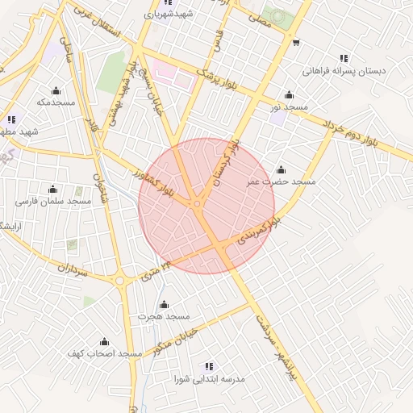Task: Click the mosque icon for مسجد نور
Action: pyautogui.click(x=289, y=94)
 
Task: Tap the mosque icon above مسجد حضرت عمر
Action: pyautogui.click(x=281, y=169)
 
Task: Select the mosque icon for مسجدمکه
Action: pyautogui.click(x=56, y=90)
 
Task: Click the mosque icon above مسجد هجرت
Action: pyautogui.click(x=164, y=304)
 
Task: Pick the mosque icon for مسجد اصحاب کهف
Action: pyautogui.click(x=104, y=341)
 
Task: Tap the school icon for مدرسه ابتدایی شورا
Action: pyautogui.click(x=210, y=365)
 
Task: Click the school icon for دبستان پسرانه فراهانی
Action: pyautogui.click(x=344, y=58)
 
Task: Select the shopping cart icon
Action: pyautogui.click(x=297, y=43)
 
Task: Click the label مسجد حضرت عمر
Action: pyautogui.click(x=282, y=182)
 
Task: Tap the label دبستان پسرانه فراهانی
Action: pyautogui.click(x=344, y=71)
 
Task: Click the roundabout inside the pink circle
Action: pyautogui.click(x=198, y=204)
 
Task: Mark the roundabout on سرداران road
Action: pyautogui.click(x=120, y=281)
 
